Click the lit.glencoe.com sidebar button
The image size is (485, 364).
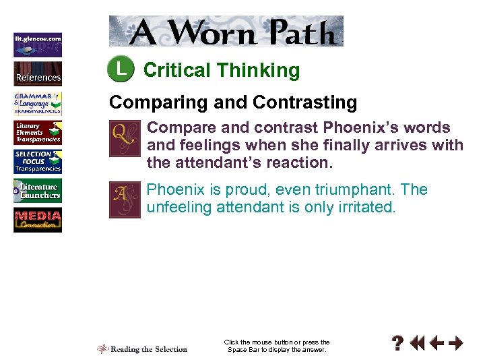(38, 44)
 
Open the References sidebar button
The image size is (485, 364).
(38, 73)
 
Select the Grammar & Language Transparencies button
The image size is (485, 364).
(38, 103)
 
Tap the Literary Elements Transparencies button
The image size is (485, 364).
(38, 133)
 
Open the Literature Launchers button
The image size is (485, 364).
(38, 191)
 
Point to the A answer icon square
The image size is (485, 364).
(125, 200)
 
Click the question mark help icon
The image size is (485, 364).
(399, 344)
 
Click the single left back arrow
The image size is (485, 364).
(436, 344)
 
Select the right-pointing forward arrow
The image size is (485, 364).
(456, 344)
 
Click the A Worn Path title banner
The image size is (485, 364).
(226, 31)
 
